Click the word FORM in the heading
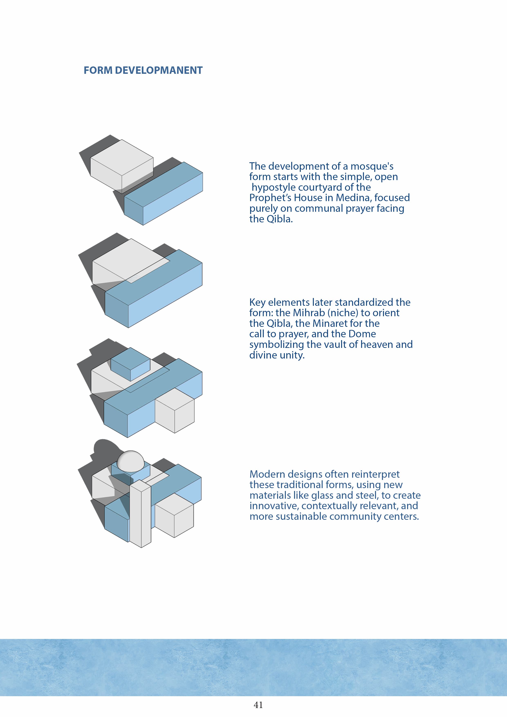coord(98,70)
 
